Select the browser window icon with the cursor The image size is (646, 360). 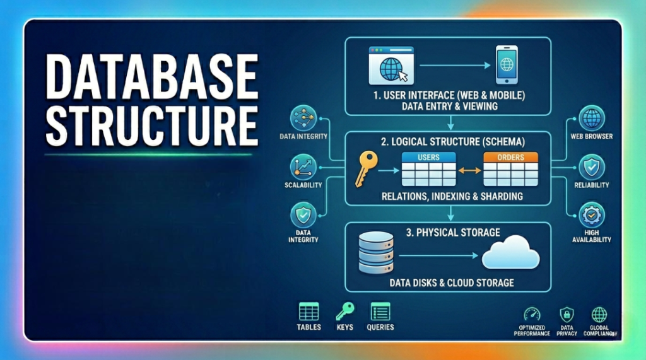[387, 65]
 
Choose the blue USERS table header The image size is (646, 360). [428, 157]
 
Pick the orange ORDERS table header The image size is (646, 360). [510, 157]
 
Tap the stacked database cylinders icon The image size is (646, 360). [376, 252]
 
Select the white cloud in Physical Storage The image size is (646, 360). [510, 253]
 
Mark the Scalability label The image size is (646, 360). [303, 185]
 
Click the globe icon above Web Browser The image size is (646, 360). [592, 118]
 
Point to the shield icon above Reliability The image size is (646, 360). [592, 166]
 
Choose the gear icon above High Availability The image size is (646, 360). [592, 214]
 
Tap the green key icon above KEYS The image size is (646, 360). [344, 311]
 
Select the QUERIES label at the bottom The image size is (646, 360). [380, 327]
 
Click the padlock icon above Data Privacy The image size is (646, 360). [567, 315]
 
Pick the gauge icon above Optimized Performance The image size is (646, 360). [532, 315]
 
